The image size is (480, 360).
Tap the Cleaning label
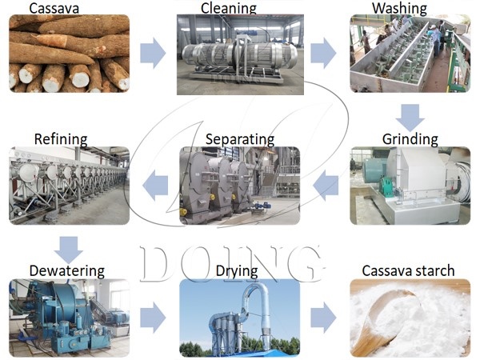tap(229, 9)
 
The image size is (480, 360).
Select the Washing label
tap(399, 9)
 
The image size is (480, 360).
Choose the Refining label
tap(62, 139)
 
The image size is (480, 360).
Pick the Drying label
tap(236, 271)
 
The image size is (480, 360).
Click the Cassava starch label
tap(408, 271)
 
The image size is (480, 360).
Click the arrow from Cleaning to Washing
tap(323, 54)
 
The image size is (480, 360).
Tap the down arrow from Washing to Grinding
tap(409, 117)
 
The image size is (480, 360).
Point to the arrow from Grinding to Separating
tap(325, 186)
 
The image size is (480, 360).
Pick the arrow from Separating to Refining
tap(154, 186)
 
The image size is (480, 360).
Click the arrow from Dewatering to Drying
tap(152, 318)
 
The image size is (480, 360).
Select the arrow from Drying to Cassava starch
tap(323, 318)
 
